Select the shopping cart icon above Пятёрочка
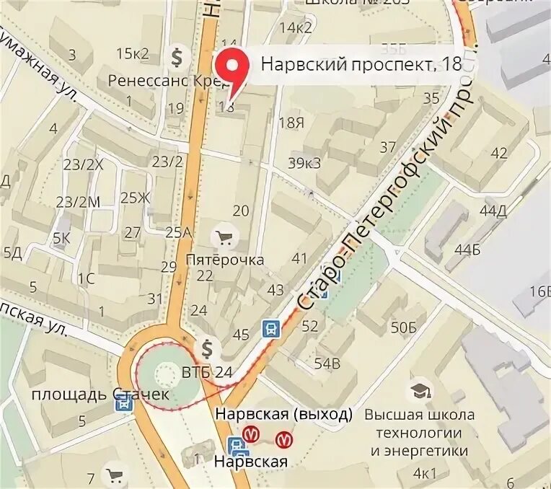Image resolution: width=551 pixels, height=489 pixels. coord(224,237)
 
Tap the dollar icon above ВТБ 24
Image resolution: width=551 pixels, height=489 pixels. coord(208,350)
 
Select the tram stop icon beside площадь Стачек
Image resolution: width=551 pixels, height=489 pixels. coord(125,403)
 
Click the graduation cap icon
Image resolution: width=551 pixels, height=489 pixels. coord(418,392)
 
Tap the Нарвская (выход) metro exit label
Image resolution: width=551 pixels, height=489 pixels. coord(284,414)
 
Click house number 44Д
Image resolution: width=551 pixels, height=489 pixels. coord(493,211)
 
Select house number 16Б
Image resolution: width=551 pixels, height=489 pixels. coord(539,291)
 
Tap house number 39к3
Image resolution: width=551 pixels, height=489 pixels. coord(304,164)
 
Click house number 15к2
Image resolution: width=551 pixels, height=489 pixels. coord(131,53)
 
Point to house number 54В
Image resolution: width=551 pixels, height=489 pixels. coord(327,363)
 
